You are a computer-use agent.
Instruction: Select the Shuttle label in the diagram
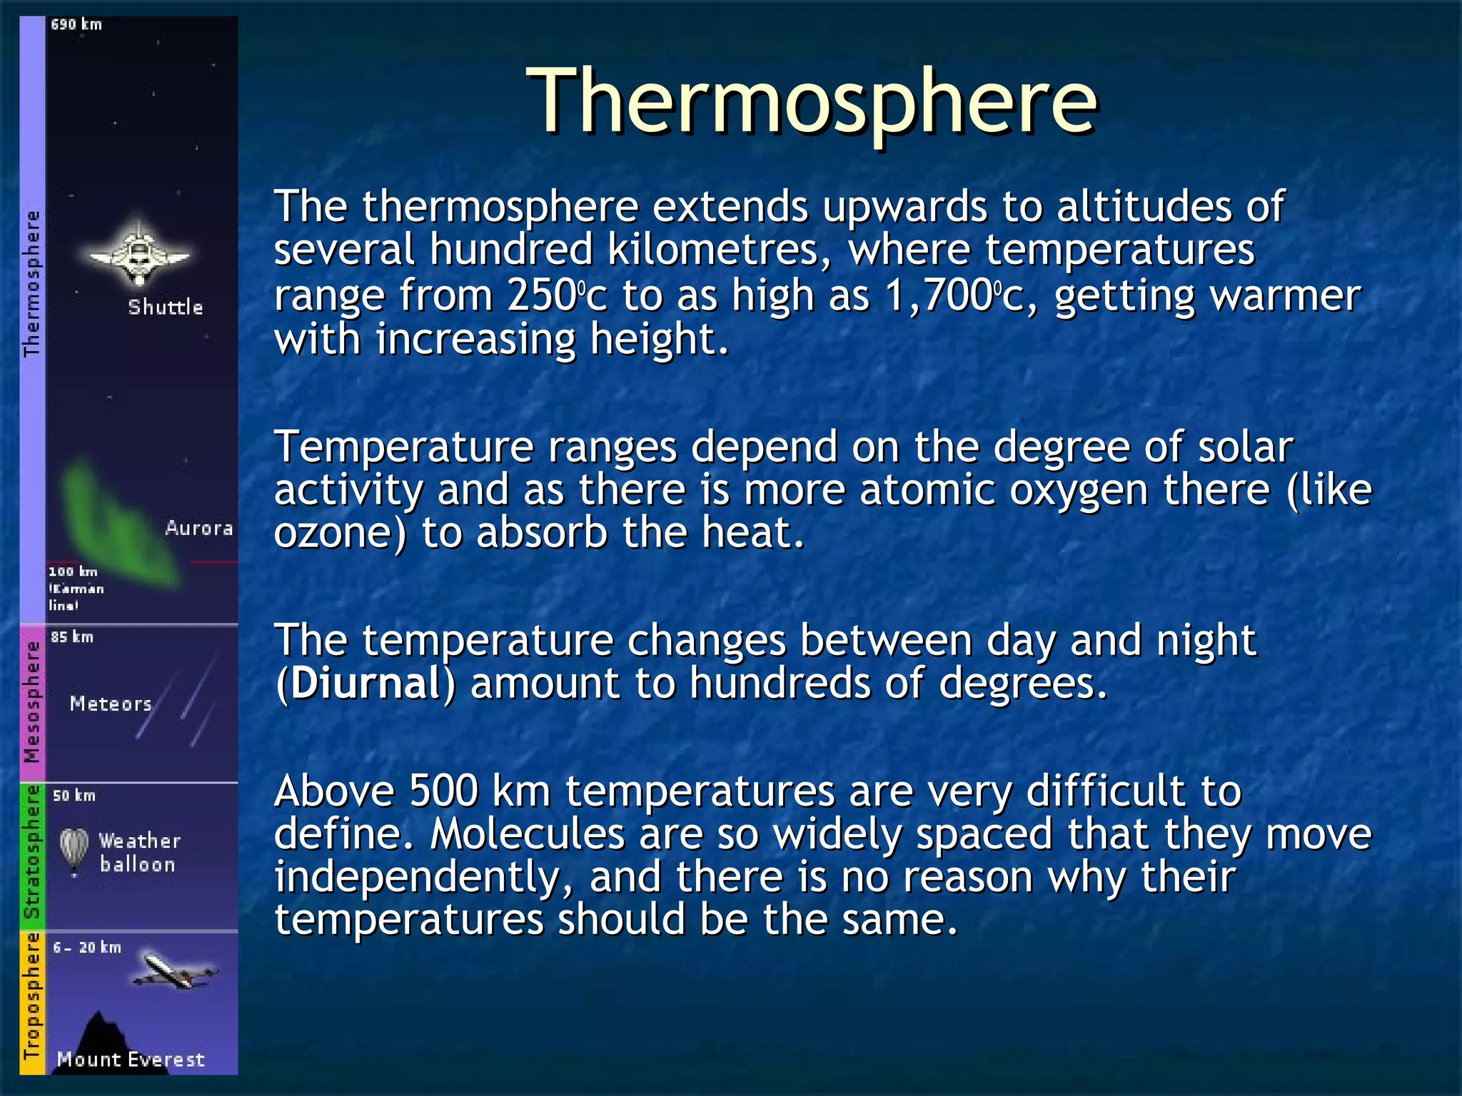(x=166, y=308)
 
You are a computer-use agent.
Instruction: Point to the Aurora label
(x=199, y=529)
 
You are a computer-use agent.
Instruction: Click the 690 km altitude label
(x=76, y=25)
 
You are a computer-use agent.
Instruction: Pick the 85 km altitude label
(x=72, y=637)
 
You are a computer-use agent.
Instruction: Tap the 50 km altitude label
(x=74, y=796)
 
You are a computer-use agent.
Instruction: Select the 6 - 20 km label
(x=87, y=948)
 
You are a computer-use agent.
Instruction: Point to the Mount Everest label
(x=131, y=1060)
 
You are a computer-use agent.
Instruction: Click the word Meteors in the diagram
(x=111, y=704)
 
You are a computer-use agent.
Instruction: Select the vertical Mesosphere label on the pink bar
(x=32, y=702)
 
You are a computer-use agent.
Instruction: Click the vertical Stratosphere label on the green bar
(x=32, y=853)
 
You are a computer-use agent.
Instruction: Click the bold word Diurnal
(x=366, y=684)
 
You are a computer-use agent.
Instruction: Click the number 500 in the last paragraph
(x=443, y=791)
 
